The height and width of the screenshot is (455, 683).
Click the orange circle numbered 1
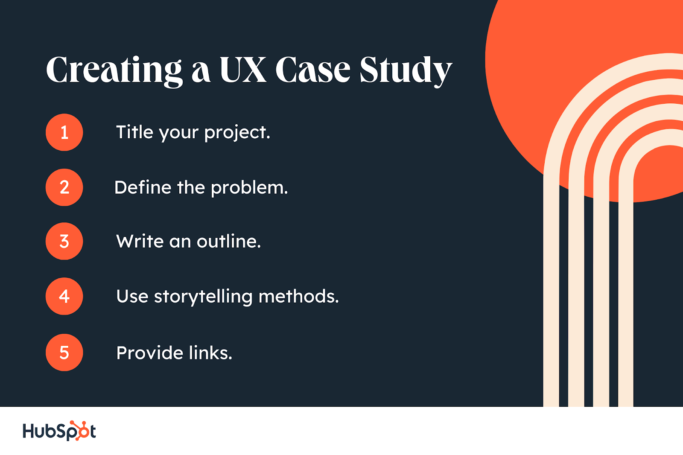[x=64, y=132]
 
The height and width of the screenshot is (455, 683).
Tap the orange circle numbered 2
[x=64, y=187]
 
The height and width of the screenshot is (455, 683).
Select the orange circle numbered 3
[x=64, y=241]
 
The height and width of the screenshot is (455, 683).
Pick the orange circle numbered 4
[x=64, y=296]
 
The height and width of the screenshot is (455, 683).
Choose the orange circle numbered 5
[x=64, y=353]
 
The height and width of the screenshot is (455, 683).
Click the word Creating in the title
[x=114, y=71]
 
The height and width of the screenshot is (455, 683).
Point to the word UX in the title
[x=243, y=69]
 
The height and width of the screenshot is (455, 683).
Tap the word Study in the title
[x=406, y=71]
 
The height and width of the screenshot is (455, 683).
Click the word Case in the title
[x=313, y=70]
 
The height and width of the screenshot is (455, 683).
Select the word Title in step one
[x=134, y=132]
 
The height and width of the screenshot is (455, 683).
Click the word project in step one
[x=237, y=133]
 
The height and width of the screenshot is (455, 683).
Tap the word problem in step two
[x=249, y=188]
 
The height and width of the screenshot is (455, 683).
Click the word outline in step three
[x=229, y=242]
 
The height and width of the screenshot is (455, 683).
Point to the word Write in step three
[x=140, y=242]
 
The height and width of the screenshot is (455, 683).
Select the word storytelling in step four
[x=203, y=297]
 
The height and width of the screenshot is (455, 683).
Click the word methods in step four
[x=299, y=296]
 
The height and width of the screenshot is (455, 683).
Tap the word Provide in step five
[x=149, y=353]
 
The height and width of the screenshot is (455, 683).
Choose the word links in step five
[x=210, y=353]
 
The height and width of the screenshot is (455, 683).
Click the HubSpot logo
[x=59, y=431]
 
